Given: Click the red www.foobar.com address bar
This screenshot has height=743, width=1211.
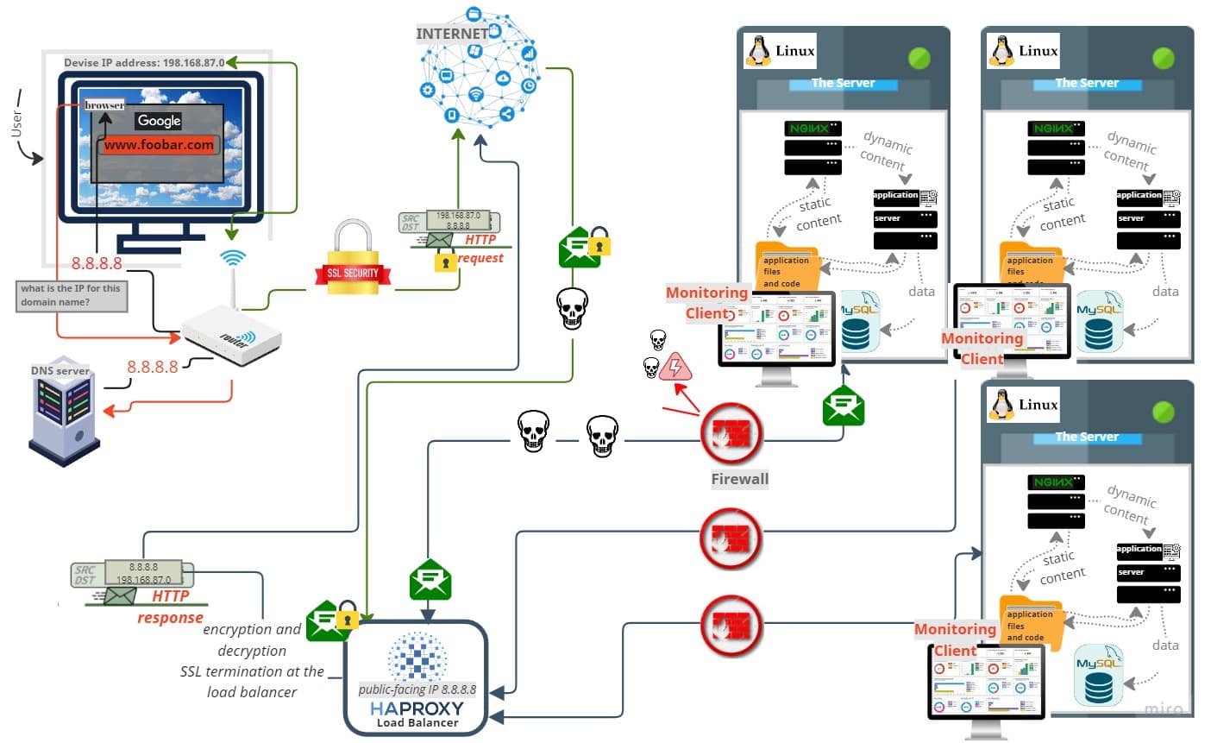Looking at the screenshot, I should tap(160, 145).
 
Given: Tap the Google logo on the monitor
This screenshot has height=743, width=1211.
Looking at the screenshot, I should tap(160, 121).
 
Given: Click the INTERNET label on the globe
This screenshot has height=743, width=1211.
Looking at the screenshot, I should tap(452, 34).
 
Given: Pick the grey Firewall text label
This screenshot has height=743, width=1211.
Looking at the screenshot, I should tap(739, 479).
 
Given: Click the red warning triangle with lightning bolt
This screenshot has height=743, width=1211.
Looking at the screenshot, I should tap(675, 368).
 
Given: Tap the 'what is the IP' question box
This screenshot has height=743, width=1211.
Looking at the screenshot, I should tap(72, 295).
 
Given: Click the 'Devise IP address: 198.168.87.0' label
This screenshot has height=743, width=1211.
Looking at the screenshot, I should tap(144, 62).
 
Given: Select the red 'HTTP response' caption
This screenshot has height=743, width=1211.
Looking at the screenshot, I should tap(170, 607).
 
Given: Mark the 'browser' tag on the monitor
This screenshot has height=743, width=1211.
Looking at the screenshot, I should tap(104, 105).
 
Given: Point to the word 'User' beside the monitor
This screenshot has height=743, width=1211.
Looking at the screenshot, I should tap(16, 123).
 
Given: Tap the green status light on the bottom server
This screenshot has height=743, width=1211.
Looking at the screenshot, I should tap(1164, 412).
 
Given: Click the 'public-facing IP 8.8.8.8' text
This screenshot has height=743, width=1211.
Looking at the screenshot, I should tap(417, 689).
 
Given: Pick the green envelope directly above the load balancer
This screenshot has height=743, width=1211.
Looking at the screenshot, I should tap(430, 580).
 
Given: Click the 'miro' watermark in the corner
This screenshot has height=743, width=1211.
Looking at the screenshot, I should tap(1163, 708).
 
